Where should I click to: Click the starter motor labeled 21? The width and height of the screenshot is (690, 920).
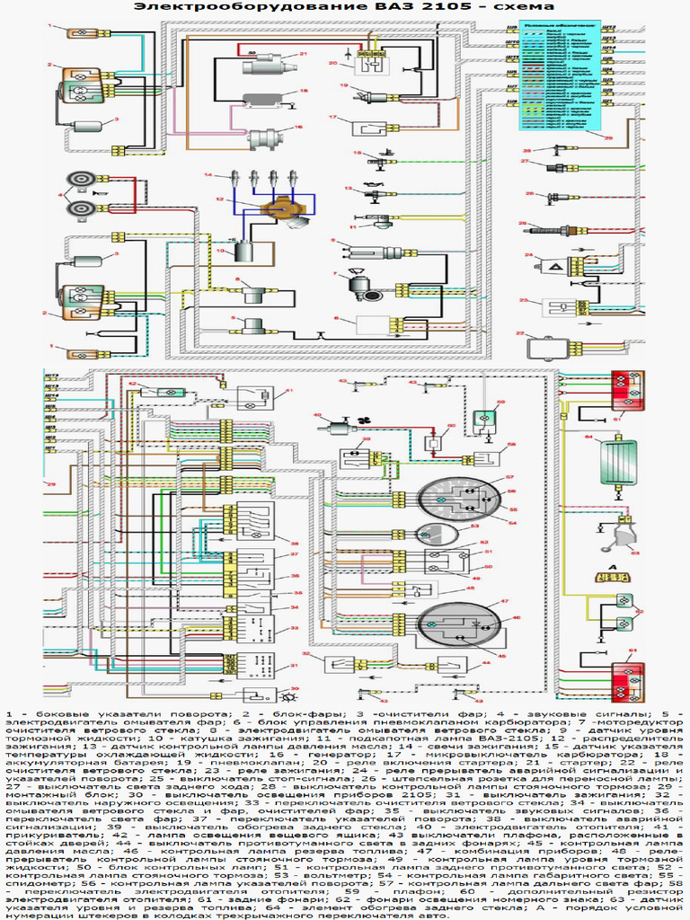tap(266, 63)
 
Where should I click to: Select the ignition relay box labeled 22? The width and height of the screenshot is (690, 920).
tap(544, 348)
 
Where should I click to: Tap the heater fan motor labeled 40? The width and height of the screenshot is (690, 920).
tap(341, 428)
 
